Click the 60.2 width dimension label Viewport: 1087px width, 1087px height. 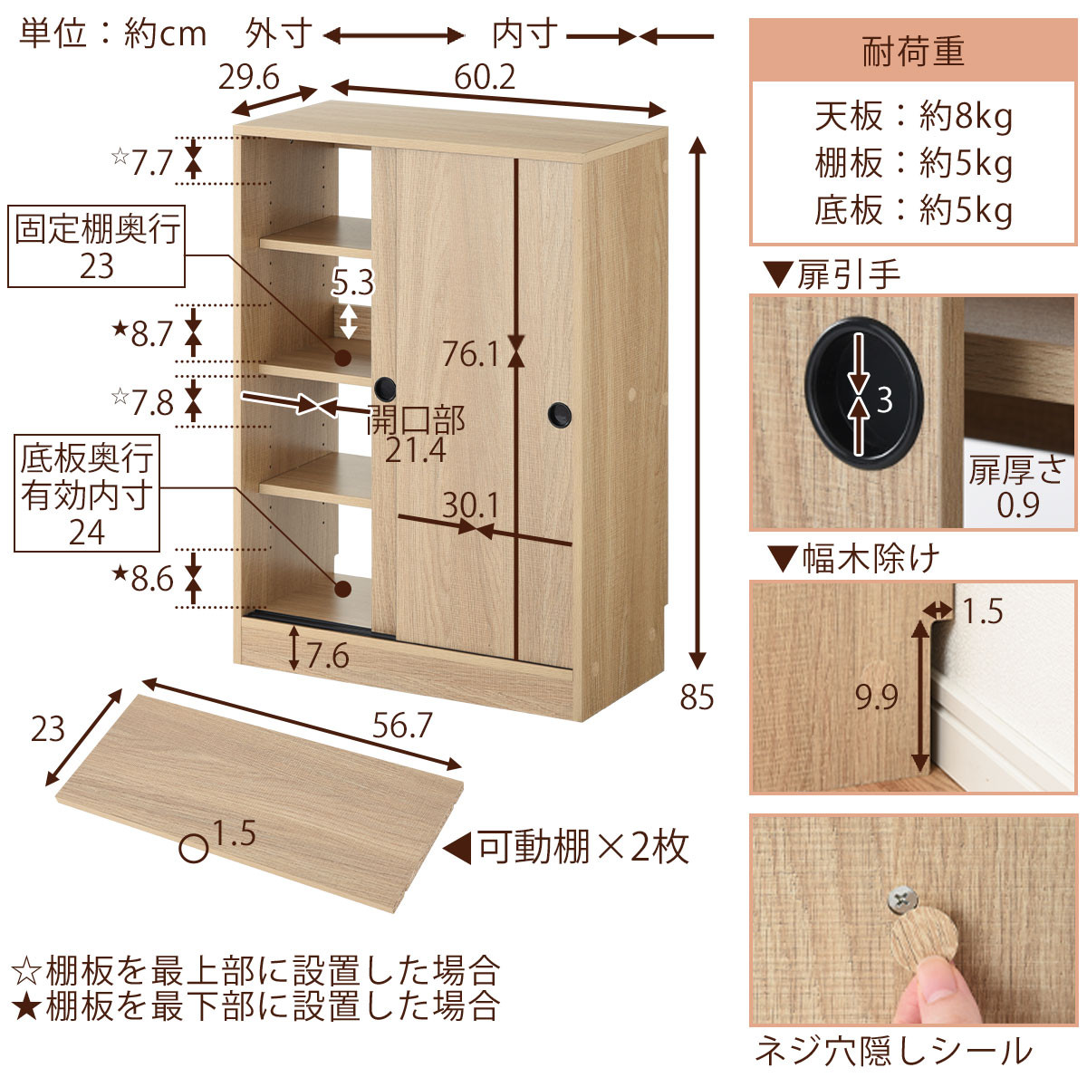485,77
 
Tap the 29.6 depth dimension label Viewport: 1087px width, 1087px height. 249,77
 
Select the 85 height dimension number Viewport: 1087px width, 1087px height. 697,697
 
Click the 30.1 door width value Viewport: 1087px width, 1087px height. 470,505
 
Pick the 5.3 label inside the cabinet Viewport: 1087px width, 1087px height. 352,283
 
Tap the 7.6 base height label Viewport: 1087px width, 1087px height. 328,656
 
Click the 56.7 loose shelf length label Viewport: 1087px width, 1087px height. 401,726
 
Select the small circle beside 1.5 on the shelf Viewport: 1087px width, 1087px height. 194,849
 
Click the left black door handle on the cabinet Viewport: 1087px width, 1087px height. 385,388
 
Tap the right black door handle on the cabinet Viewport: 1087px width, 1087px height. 559,415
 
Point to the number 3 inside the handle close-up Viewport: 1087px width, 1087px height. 884,400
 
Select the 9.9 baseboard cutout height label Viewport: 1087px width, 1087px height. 877,697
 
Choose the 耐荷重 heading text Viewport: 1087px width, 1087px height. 913,51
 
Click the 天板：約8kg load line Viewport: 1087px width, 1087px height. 913,117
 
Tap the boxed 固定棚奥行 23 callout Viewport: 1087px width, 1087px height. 96,246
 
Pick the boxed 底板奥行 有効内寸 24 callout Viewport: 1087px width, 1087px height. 87,494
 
